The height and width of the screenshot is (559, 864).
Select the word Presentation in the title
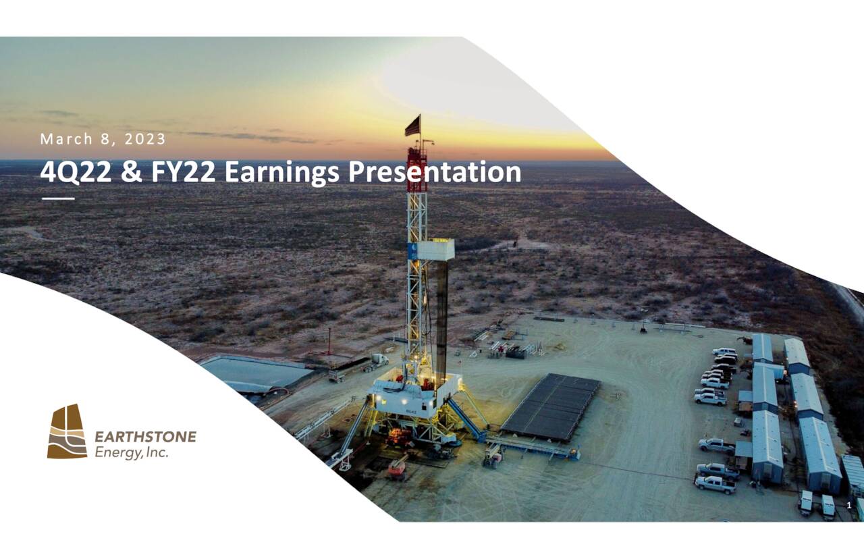click(434, 173)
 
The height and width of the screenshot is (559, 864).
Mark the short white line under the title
click(58, 198)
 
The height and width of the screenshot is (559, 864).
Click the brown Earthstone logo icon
click(67, 432)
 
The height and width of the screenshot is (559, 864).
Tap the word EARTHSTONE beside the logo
click(145, 437)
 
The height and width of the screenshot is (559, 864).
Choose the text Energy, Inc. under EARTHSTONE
click(132, 452)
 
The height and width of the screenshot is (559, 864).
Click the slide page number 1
click(848, 506)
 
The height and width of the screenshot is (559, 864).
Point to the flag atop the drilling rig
click(412, 126)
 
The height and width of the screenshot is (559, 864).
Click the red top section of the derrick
click(416, 169)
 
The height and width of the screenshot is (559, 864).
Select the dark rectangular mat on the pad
click(550, 406)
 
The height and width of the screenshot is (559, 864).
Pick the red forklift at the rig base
click(397, 467)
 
